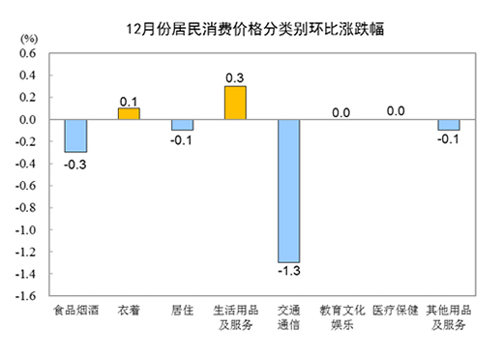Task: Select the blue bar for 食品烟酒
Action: [75, 135]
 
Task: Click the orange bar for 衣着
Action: [129, 113]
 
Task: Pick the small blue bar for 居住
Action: [182, 125]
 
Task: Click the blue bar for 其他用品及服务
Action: [448, 125]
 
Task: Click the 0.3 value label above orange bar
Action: [235, 77]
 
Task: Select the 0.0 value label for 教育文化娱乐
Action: [340, 112]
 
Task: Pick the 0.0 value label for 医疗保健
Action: [395, 111]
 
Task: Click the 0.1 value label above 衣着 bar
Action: [129, 100]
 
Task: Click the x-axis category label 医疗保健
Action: [395, 312]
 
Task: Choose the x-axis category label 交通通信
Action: [288, 318]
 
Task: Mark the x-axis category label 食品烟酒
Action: [75, 312]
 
